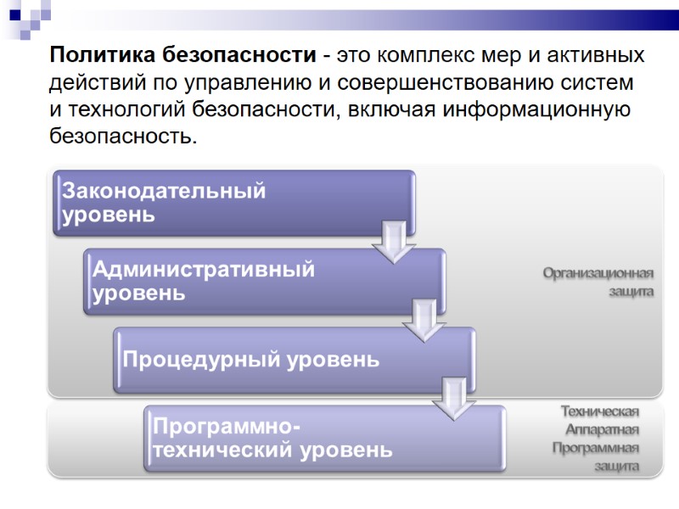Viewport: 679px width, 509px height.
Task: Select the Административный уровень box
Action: coord(264,281)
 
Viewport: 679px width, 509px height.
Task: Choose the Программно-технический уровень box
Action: coord(325,438)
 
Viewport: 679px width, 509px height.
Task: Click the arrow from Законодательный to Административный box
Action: coord(393,243)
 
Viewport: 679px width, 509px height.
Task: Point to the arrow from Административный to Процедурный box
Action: coord(424,321)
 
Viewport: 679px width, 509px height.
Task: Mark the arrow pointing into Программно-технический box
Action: coord(455,399)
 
